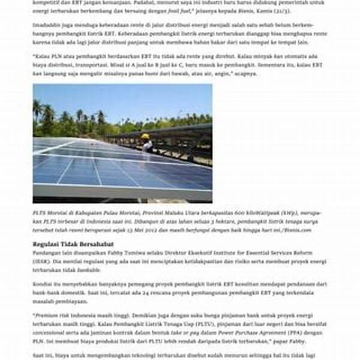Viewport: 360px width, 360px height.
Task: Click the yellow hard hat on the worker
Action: click(x=145, y=136)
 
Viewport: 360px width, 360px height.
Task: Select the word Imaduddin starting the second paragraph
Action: click(x=47, y=25)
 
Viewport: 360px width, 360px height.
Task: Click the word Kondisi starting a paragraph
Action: click(x=44, y=283)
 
